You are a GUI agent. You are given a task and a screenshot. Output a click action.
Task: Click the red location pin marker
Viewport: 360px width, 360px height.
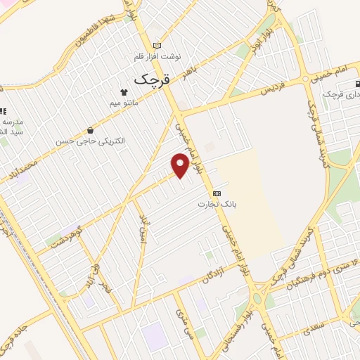(181, 165)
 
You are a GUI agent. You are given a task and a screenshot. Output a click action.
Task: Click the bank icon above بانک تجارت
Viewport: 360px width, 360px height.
(217, 193)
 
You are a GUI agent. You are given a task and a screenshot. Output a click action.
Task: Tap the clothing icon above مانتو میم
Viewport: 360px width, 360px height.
(124, 92)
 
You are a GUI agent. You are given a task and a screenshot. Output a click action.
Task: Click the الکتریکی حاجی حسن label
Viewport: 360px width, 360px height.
(91, 141)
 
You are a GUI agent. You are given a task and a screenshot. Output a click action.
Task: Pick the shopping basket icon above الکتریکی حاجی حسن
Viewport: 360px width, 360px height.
(91, 129)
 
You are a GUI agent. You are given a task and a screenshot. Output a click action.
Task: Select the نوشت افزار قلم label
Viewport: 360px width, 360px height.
(158, 56)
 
